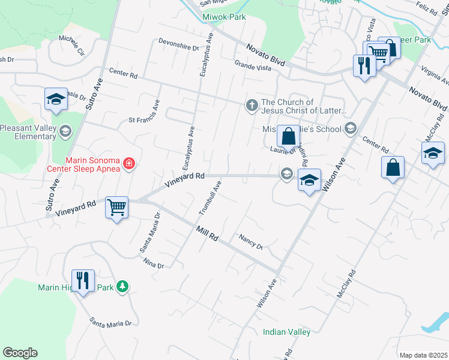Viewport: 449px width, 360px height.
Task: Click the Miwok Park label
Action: (x=224, y=17)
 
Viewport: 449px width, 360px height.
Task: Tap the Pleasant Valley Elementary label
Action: (x=28, y=132)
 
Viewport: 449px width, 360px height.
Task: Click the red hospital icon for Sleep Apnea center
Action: (x=128, y=163)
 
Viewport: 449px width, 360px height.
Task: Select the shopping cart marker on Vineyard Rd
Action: (x=116, y=208)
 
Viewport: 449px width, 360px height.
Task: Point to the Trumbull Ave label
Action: (x=210, y=198)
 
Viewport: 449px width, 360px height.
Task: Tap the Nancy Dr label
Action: (x=251, y=241)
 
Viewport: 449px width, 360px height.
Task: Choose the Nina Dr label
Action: (x=154, y=263)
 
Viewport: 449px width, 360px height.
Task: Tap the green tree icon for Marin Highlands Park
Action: (x=122, y=287)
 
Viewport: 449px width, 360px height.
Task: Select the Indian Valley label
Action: (x=286, y=332)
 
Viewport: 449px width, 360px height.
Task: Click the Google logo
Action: (x=20, y=353)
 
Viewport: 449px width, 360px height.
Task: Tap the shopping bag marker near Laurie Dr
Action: (x=288, y=136)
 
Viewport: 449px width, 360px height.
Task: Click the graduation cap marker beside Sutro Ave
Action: (x=56, y=99)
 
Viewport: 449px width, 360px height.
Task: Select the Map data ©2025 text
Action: (x=423, y=355)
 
